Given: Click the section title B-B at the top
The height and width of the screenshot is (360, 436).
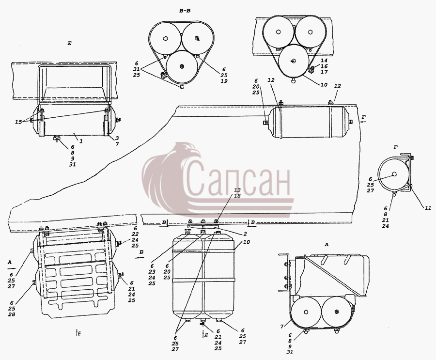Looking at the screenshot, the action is (185, 11).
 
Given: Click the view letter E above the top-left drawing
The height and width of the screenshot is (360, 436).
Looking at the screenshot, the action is (69, 43).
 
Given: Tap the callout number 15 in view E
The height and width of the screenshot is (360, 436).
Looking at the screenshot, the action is (18, 122).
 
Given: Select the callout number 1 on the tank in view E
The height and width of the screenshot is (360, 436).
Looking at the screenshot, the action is (81, 141).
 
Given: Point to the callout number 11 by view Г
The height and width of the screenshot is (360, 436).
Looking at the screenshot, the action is (427, 207).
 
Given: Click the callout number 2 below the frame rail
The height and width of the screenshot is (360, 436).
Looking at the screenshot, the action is (245, 235).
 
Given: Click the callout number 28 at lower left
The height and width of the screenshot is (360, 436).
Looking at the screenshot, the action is (12, 314).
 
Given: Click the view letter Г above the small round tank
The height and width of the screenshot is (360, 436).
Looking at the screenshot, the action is (396, 147).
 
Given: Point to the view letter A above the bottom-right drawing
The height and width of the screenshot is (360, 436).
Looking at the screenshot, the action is (327, 245).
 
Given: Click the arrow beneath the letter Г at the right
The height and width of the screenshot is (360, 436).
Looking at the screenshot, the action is (365, 122).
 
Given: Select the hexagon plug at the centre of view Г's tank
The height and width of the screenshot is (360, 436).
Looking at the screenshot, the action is (394, 174).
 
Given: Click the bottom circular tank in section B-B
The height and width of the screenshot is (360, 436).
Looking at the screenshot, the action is (182, 66).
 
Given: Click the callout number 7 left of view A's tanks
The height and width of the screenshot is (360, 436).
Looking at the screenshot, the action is (281, 326).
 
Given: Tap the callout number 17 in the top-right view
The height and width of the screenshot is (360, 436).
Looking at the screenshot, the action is (324, 72).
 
